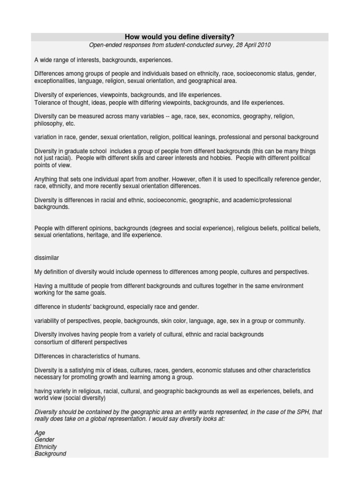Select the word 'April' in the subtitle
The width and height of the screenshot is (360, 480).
(x=246, y=45)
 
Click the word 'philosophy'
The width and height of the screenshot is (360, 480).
(x=48, y=124)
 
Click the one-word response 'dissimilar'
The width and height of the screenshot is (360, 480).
(x=47, y=258)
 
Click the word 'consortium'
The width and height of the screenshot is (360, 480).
(x=49, y=342)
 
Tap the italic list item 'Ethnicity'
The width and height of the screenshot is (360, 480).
(x=45, y=447)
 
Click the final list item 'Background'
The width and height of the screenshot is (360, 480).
(x=50, y=454)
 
